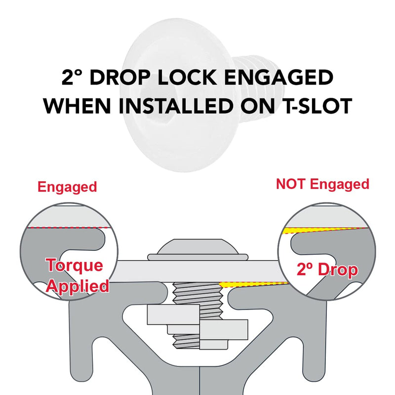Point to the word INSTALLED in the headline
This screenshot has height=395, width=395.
pos(176,106)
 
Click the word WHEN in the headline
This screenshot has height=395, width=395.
pos(78,106)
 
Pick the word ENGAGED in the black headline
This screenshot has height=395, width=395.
pos(278,78)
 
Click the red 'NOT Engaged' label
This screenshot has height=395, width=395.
pos(323,185)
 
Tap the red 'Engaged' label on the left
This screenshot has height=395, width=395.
pos(67,188)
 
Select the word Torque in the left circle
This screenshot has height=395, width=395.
pos(75,265)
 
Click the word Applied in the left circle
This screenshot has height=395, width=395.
pos(78,286)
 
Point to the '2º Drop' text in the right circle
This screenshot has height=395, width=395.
pos(327,270)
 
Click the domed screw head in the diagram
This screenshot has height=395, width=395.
pos(198,249)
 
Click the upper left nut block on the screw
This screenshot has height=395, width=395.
pos(173,315)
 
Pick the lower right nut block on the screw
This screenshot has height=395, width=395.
pos(224,329)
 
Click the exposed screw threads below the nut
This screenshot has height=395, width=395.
pos(187,342)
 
